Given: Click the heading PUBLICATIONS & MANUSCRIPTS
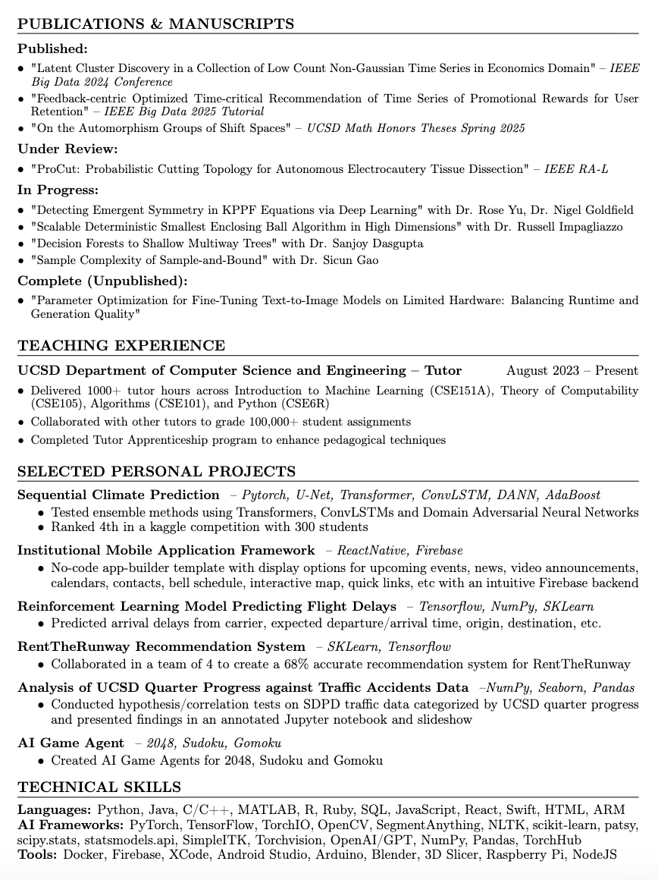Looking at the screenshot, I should coord(155,24).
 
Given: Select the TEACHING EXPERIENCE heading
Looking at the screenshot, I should coord(121,346).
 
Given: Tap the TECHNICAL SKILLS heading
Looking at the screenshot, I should coord(99,787).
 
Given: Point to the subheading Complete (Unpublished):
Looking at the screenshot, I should coord(102,281).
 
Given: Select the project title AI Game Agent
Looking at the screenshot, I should coord(70,743).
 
